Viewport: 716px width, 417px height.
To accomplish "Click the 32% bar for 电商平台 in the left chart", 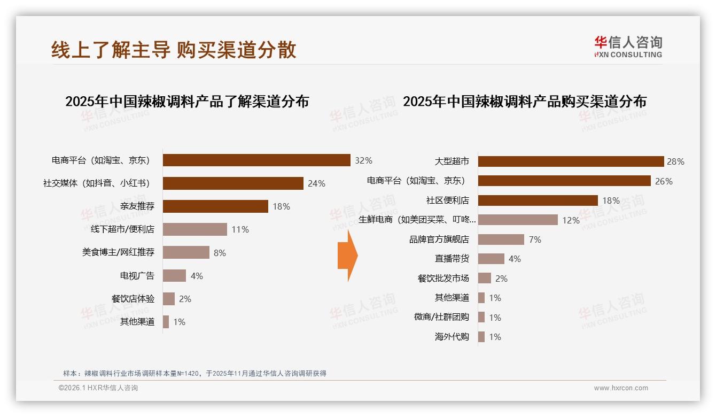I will [x=256, y=160].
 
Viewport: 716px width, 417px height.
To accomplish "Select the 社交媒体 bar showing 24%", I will [x=233, y=183].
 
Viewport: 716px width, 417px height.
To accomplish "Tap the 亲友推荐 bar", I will [x=215, y=206].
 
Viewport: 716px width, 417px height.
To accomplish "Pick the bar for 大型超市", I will [x=571, y=161].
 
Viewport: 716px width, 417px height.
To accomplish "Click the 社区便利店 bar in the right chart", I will [x=538, y=200].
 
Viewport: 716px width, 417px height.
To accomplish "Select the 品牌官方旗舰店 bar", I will [x=501, y=240].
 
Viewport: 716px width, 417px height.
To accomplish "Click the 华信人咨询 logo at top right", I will [x=628, y=47].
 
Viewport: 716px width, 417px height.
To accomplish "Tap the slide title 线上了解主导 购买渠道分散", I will [x=174, y=50].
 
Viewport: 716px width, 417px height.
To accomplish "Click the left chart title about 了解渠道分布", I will [x=187, y=102].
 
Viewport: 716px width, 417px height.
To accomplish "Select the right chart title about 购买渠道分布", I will [x=525, y=102].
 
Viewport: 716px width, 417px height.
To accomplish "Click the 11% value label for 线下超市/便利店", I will [x=240, y=230].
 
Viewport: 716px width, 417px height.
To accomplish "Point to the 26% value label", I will [x=664, y=181].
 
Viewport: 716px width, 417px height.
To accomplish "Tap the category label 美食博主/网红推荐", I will [x=118, y=252].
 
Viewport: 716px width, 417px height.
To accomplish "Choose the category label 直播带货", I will [x=452, y=259].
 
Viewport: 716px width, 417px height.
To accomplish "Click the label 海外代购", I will [x=452, y=337].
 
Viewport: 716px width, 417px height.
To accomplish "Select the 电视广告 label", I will [x=137, y=276].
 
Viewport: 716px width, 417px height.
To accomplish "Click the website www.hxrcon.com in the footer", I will [x=621, y=388].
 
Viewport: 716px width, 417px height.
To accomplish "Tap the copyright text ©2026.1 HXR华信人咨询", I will [x=98, y=388].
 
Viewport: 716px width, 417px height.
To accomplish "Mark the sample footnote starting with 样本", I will [x=194, y=374].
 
